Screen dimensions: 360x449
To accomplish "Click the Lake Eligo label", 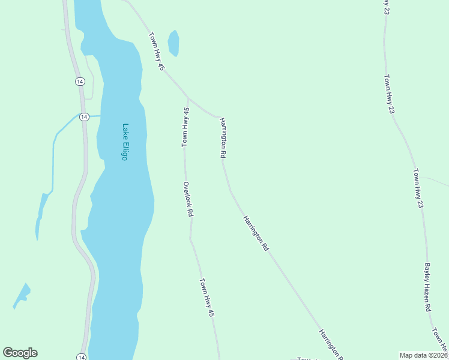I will coord(125,142).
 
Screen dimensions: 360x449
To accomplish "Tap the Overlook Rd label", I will coord(188,199).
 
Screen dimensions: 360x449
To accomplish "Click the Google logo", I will coord(20,353).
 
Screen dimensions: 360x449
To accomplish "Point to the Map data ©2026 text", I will coord(423,355).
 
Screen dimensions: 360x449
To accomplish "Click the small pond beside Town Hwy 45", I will coord(173,43).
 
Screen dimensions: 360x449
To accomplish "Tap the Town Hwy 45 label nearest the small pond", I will coord(156,52).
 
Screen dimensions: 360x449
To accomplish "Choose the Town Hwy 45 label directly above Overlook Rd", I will coord(186,127).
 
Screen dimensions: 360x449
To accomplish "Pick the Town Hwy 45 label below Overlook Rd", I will coord(207,298).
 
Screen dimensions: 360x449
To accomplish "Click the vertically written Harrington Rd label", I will coord(223,137).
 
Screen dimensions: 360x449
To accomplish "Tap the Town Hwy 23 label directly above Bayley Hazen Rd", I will coord(418,188).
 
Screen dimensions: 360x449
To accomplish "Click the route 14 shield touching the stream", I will coord(84,116).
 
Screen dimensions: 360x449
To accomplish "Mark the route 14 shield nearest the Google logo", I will coord(81,357).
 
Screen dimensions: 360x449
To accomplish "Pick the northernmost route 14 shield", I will coord(80,81).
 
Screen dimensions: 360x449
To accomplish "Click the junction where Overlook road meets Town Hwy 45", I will coord(188,98).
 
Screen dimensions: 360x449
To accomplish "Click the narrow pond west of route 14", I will coord(41,210).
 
